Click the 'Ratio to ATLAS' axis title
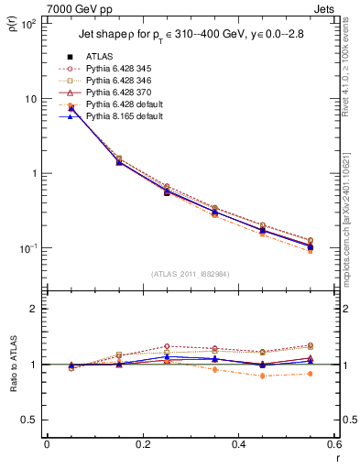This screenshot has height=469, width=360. pyautogui.click(x=14, y=365)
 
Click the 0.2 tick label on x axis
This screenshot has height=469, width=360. pyautogui.click(x=143, y=445)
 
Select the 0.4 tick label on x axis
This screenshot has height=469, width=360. pyautogui.click(x=238, y=445)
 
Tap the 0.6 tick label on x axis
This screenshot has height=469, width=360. pyautogui.click(x=333, y=445)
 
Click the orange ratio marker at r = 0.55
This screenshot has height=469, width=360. pyautogui.click(x=311, y=374)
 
